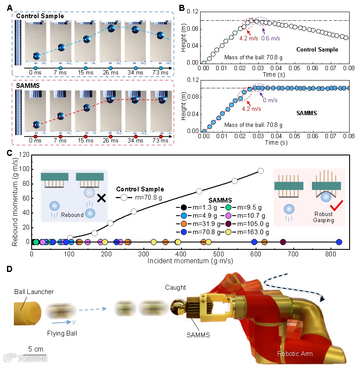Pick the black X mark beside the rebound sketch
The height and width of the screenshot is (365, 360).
101,198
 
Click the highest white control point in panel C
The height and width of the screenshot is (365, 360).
261,171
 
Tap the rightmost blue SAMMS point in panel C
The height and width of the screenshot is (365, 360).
339,242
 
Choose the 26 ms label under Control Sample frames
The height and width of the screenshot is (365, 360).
111,74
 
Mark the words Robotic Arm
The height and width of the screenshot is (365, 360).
295,354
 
